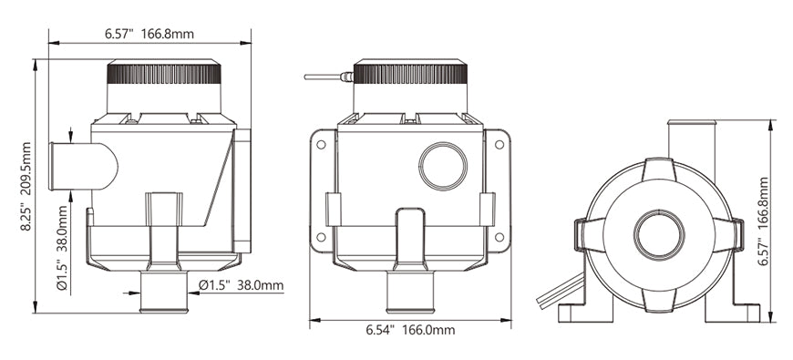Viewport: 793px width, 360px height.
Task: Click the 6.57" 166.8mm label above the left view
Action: (149, 35)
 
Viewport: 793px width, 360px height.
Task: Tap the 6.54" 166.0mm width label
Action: (410, 331)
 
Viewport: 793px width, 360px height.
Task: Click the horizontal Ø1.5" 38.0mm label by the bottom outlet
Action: (241, 285)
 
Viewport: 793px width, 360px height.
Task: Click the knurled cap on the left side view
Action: (164, 74)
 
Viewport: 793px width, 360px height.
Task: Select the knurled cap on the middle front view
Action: (410, 73)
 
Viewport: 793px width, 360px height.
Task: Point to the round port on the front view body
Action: (443, 166)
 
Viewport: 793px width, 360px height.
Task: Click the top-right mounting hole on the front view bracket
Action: (499, 142)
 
